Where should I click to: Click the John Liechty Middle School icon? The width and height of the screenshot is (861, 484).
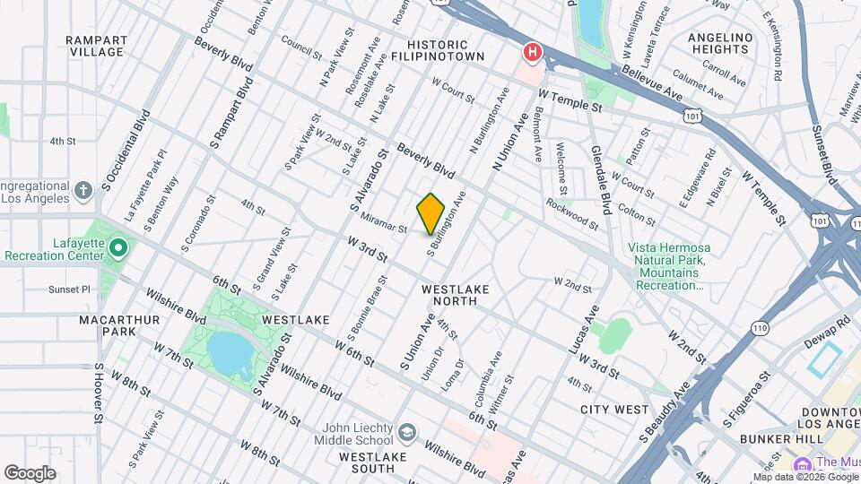408,434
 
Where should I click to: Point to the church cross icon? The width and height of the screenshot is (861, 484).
83,190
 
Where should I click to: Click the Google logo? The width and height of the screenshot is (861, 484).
30,472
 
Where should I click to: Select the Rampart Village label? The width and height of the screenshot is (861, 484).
94,46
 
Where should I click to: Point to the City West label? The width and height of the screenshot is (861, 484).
613,410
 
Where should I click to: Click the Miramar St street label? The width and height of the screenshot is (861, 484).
384,223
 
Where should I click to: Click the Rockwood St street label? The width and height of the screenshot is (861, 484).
572,215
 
